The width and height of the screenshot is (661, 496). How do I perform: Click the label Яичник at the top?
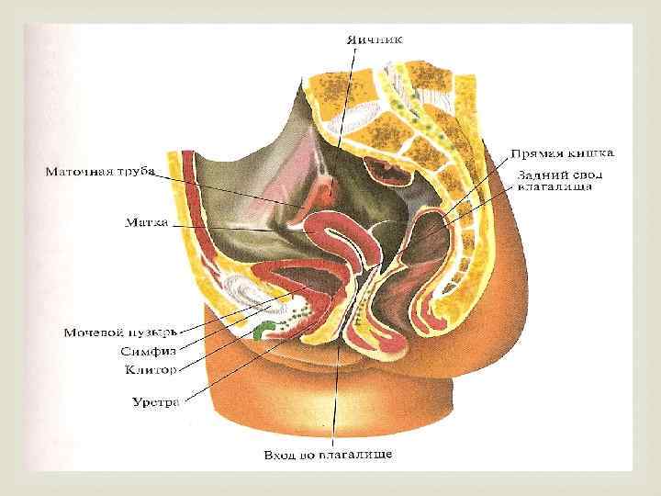point(374,39)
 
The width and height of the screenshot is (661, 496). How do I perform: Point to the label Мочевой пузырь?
point(119,331)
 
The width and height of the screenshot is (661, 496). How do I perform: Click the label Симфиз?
point(148,351)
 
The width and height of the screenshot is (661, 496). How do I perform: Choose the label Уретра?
point(157,401)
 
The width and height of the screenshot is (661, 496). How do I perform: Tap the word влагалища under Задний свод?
point(555,186)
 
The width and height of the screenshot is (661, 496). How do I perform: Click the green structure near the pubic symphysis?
point(263,328)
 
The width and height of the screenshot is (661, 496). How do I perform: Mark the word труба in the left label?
point(132,171)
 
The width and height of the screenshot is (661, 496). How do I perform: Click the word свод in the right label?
point(579,174)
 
